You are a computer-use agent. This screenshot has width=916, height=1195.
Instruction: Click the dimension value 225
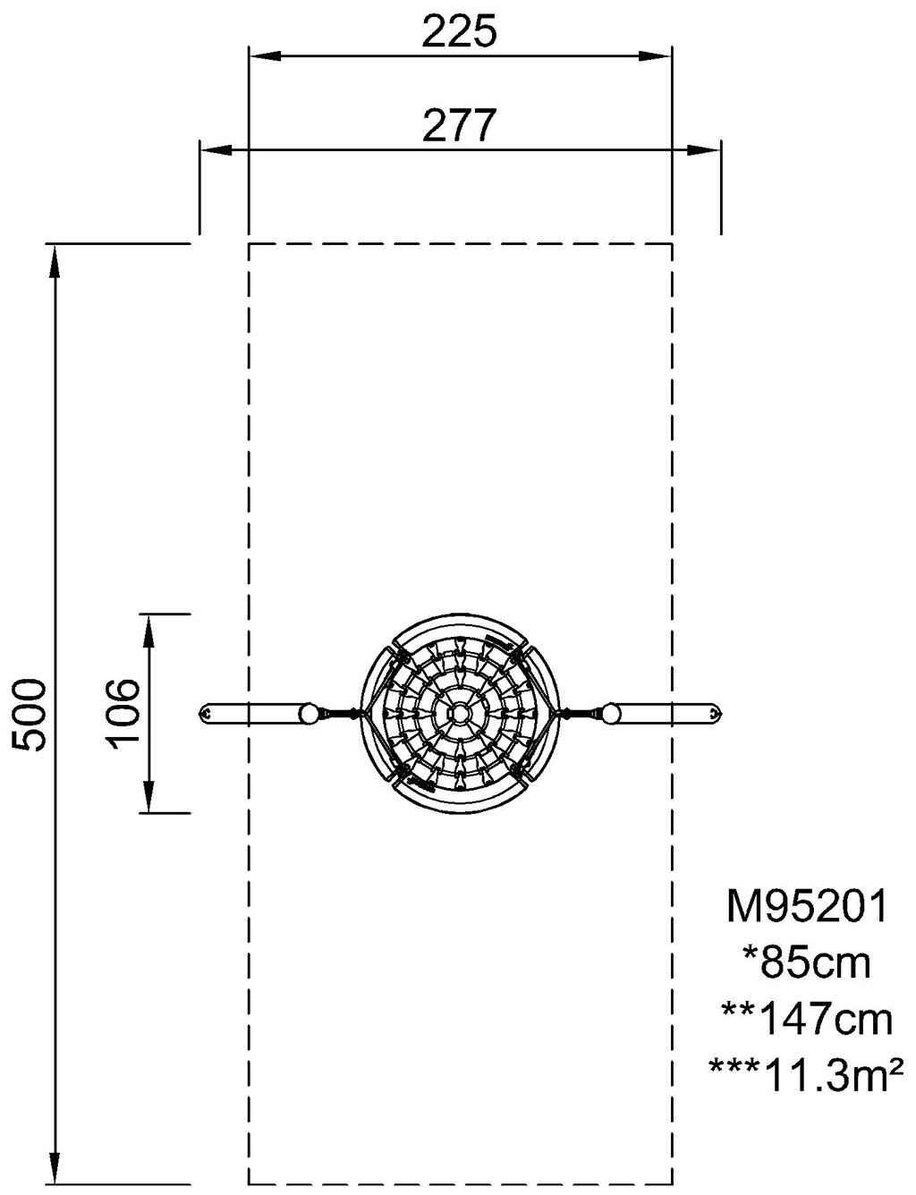click(x=459, y=33)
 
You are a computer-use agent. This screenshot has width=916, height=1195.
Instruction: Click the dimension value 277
click(x=459, y=126)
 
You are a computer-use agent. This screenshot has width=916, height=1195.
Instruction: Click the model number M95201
click(x=807, y=907)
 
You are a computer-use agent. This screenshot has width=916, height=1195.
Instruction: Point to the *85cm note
click(x=807, y=963)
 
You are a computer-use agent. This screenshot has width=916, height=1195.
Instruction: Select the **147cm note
click(x=807, y=1019)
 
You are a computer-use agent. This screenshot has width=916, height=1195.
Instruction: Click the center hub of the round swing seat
click(x=459, y=713)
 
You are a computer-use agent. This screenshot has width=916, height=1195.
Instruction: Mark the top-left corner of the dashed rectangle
click(x=249, y=243)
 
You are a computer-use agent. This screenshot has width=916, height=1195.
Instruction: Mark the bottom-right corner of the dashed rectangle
click(x=672, y=1183)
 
